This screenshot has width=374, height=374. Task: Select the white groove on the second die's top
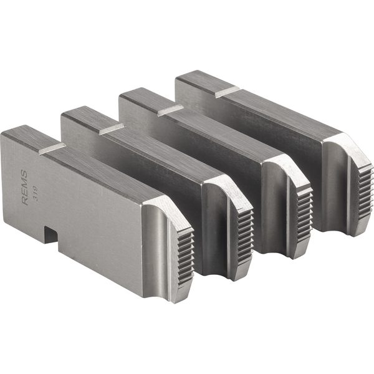click(x=111, y=128)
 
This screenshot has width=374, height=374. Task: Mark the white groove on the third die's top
click(x=170, y=110)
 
